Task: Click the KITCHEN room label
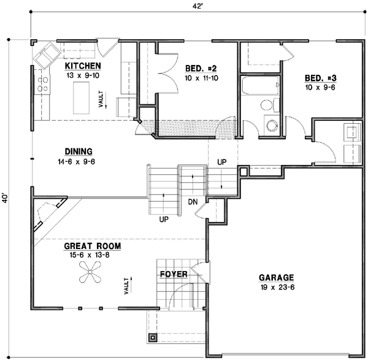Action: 83,66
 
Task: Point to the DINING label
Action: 78,152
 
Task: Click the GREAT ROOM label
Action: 92,246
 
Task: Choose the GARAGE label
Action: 276,277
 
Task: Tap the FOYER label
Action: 174,274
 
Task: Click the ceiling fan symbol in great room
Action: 91,274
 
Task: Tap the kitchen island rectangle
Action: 81,98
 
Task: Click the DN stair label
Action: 192,201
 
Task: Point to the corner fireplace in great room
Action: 47,214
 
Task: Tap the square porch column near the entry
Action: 153,337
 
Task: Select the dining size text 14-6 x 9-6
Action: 78,162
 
